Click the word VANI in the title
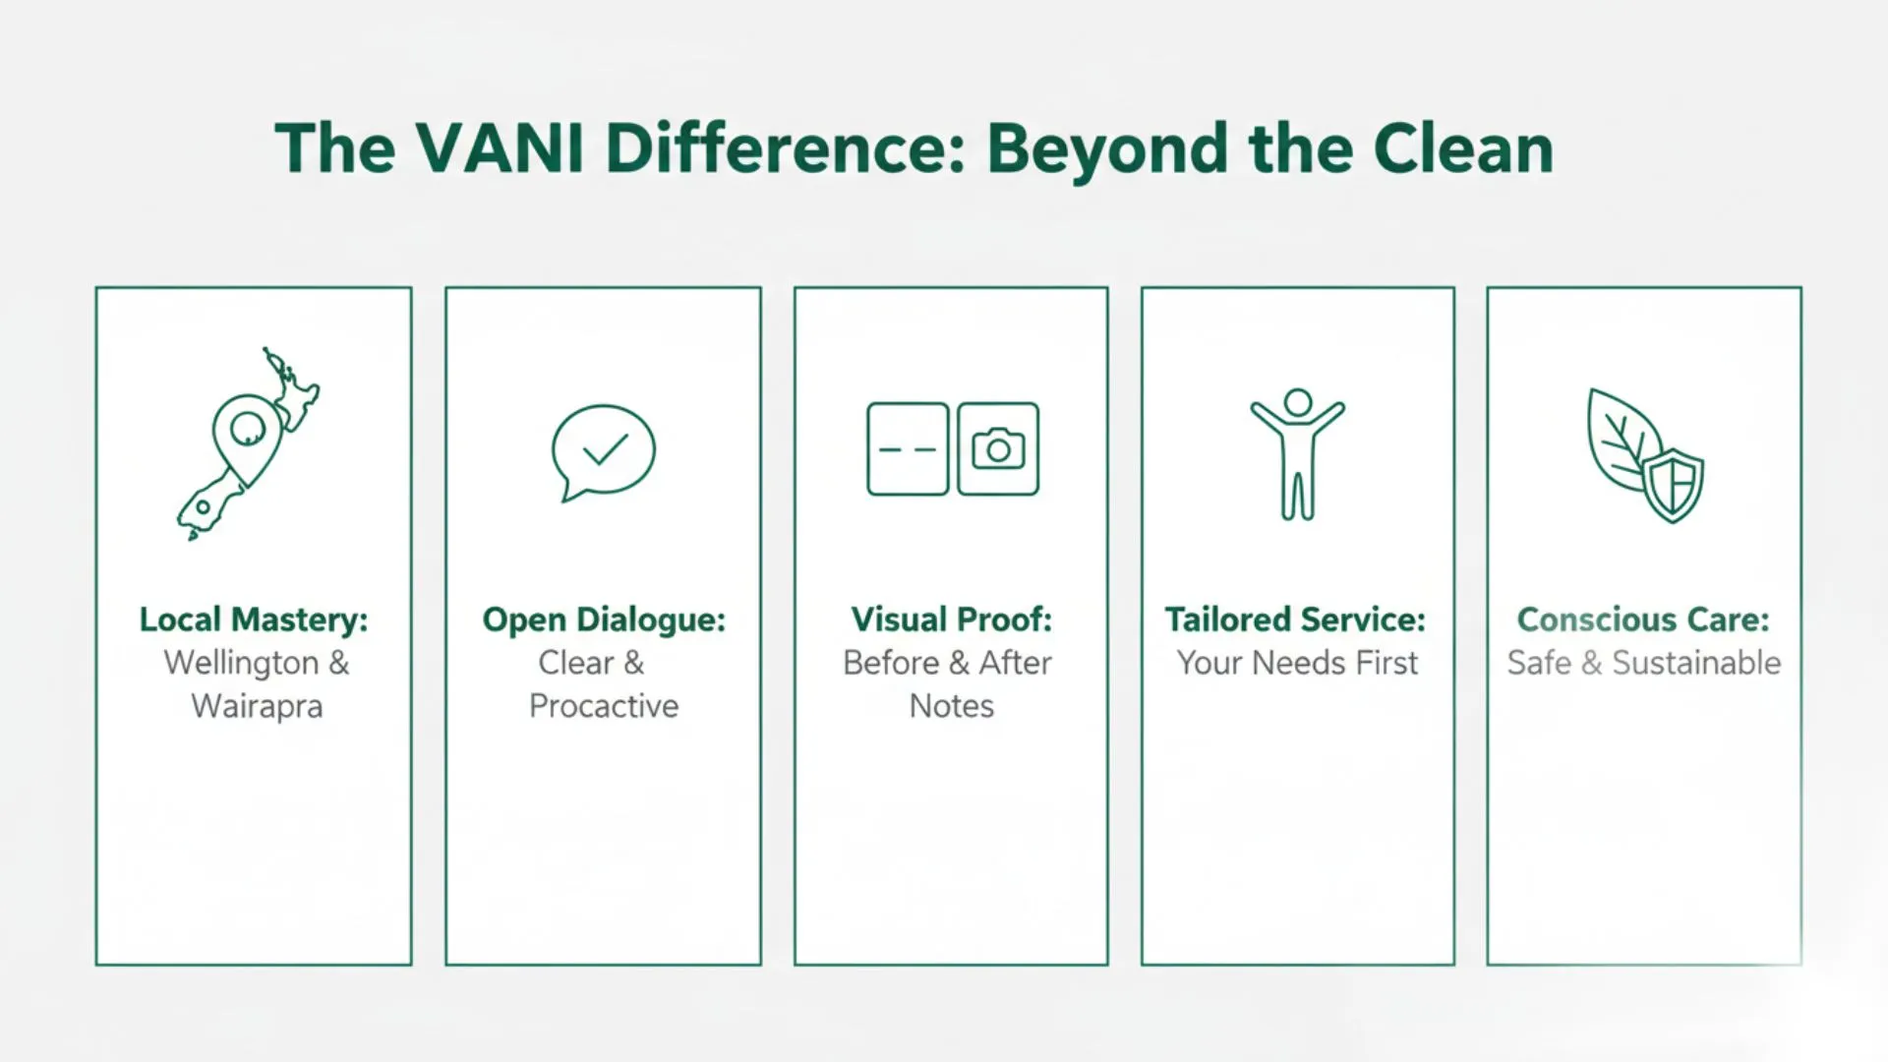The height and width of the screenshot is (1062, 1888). (500, 149)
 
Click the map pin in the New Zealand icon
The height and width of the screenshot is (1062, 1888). (247, 429)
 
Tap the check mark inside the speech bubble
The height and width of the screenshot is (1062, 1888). (605, 450)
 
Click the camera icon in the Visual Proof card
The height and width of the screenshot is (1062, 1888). (998, 449)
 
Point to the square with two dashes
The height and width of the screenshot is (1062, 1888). (908, 449)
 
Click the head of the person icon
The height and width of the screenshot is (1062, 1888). (1298, 401)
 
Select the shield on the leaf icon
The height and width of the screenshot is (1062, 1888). (1674, 485)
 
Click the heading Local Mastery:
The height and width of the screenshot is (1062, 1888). (254, 619)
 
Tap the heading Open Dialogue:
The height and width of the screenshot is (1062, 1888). (604, 619)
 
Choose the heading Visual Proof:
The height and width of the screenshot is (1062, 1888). (951, 619)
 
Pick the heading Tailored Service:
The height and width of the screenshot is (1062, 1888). (1295, 619)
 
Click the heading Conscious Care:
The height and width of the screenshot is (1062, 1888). (1643, 619)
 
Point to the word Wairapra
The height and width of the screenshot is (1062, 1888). (257, 706)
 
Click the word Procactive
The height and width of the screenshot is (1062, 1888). (604, 706)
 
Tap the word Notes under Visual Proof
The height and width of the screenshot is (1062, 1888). (951, 706)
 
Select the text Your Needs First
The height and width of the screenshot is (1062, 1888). (1297, 663)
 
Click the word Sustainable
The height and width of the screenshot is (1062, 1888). (1696, 663)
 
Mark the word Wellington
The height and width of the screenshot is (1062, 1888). (242, 663)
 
